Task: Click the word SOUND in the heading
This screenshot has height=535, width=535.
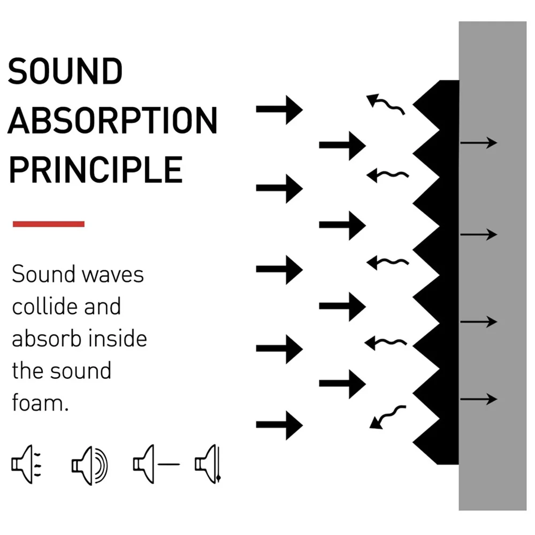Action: point(65,72)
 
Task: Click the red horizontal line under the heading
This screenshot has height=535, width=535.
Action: point(49,224)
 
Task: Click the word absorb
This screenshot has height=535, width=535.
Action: point(44,339)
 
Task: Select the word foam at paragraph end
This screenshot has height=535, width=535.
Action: point(37,403)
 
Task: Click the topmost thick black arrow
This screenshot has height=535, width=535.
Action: point(279,110)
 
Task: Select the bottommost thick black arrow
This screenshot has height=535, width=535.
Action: point(279,425)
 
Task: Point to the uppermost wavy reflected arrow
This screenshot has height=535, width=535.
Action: point(385,104)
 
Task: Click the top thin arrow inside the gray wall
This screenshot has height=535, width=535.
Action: point(478,143)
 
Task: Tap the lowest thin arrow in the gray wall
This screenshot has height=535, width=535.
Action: point(478,399)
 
